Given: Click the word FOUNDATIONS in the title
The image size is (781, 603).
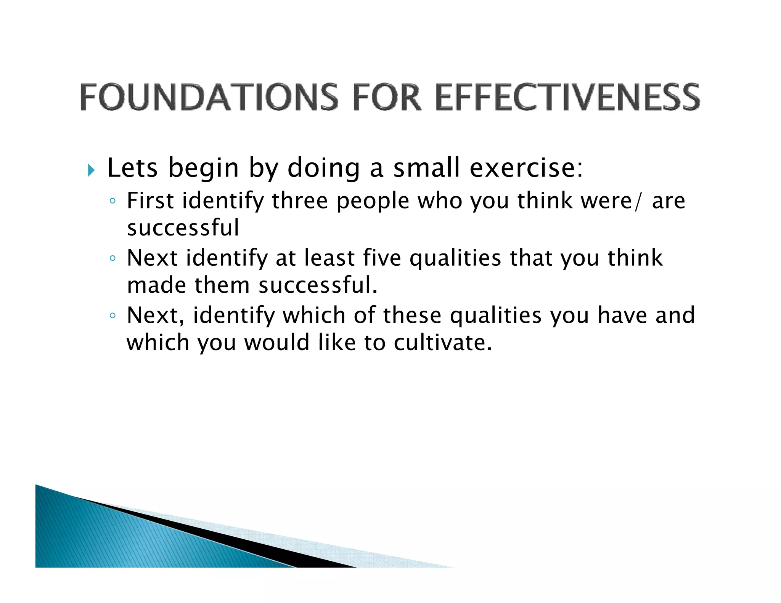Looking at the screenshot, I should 209,97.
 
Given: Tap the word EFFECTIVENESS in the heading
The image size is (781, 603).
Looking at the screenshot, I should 567,97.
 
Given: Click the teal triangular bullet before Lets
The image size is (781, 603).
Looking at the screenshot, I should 91,170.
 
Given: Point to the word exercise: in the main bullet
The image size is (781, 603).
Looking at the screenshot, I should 526,168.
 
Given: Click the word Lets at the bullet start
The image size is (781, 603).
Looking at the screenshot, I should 132,168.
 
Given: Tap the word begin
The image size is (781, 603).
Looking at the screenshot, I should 203,168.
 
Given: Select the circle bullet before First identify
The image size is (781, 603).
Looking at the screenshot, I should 112,201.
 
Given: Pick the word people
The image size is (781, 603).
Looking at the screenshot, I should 373,201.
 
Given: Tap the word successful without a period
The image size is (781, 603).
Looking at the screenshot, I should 183,228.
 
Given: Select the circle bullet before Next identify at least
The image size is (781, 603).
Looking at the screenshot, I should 112,258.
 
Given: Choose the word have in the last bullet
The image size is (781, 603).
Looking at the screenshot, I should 622,315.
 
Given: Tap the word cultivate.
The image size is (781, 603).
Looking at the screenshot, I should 442,342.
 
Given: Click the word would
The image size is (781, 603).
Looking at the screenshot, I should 276,342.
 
